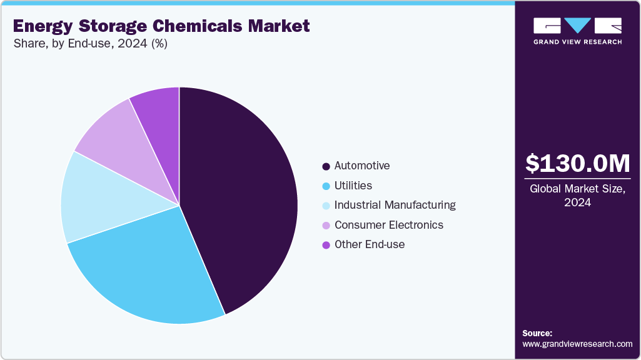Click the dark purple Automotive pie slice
point(244,194)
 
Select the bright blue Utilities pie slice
point(150,269)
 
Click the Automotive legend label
point(362,166)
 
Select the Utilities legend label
point(353,186)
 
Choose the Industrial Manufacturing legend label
point(395,205)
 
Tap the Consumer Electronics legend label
point(389,225)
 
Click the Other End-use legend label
point(370,244)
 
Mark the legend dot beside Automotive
point(326,167)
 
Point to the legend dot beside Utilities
point(326,186)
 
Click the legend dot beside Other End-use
point(326,245)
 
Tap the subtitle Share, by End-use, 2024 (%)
point(90,44)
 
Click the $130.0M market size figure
point(577,164)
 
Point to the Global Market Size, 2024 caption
point(577,196)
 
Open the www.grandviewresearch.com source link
point(577,344)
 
